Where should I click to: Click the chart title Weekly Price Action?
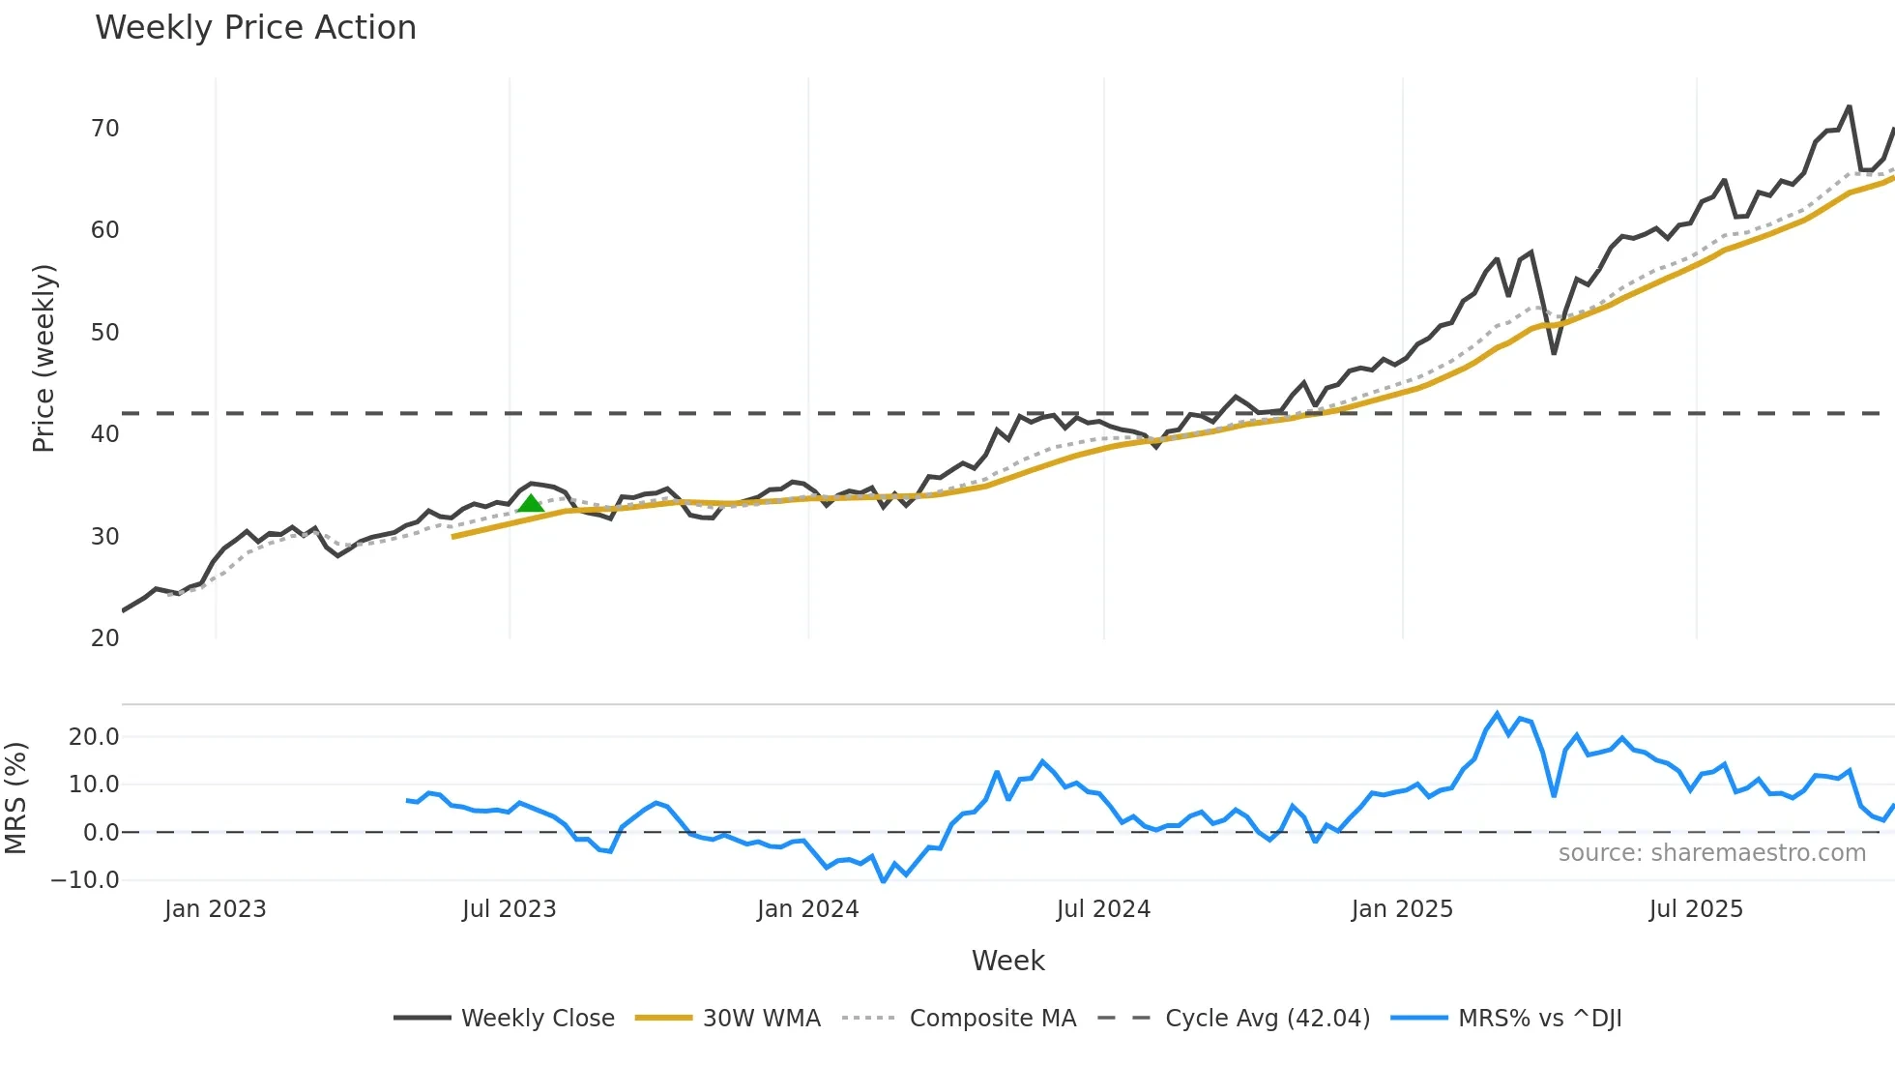[255, 28]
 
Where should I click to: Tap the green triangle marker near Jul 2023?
[531, 503]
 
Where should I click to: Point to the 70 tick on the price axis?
[104, 129]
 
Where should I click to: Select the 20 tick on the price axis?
[104, 638]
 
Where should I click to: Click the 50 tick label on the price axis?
[104, 333]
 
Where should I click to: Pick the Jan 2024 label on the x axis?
[807, 909]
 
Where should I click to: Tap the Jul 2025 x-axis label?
[1696, 909]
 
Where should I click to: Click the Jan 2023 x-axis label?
[215, 909]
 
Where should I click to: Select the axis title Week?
[1007, 961]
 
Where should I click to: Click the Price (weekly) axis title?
[44, 358]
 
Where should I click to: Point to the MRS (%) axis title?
[15, 798]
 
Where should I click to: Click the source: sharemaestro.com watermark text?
[1711, 853]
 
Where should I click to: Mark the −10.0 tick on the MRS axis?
[85, 880]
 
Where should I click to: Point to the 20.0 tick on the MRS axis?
[94, 737]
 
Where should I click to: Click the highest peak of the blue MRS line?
[1498, 714]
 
